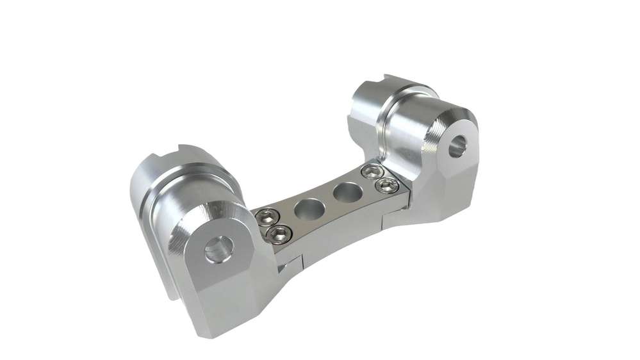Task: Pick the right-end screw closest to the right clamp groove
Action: point(370,172)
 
